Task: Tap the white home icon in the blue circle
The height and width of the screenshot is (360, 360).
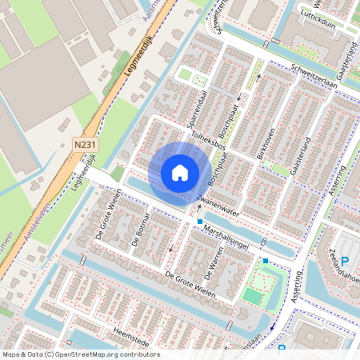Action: [x=180, y=172]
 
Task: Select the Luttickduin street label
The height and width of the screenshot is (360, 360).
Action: [x=318, y=23]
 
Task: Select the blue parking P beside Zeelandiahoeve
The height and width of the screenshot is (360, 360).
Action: [x=346, y=262]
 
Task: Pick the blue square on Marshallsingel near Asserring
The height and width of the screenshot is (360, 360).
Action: [x=266, y=260]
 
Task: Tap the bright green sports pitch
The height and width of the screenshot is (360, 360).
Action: [x=253, y=296]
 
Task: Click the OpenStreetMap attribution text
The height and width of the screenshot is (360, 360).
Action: [x=80, y=354]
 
